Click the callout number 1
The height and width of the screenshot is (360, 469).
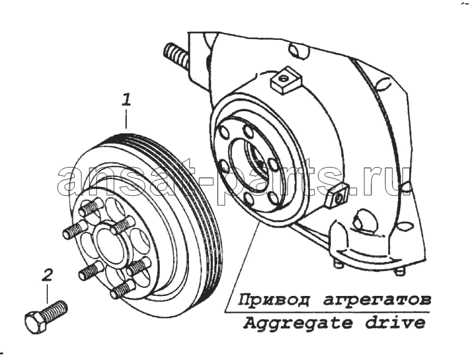click(126, 100)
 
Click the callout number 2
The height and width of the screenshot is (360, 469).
click(47, 275)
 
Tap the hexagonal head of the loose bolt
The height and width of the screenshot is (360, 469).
click(36, 323)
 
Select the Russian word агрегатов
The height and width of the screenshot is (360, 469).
click(377, 300)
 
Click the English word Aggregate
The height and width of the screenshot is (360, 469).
click(297, 324)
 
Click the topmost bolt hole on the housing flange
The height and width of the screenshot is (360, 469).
click(248, 130)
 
